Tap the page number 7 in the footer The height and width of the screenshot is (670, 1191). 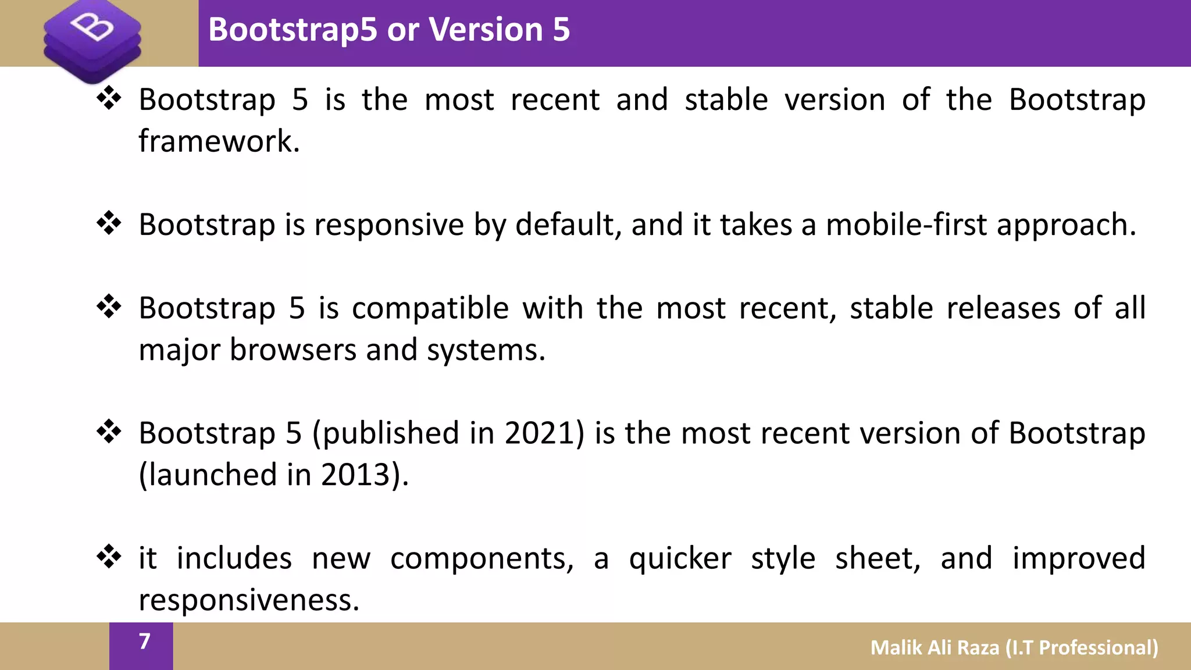click(x=145, y=641)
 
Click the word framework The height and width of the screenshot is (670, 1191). click(x=219, y=141)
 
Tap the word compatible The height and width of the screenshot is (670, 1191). click(x=430, y=308)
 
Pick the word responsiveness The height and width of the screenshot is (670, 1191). click(x=249, y=600)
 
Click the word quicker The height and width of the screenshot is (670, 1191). click(x=680, y=558)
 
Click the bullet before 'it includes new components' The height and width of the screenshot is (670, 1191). click(x=109, y=557)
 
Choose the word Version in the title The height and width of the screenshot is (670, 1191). click(x=486, y=29)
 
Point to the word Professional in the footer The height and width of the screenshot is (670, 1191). click(x=1099, y=647)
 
